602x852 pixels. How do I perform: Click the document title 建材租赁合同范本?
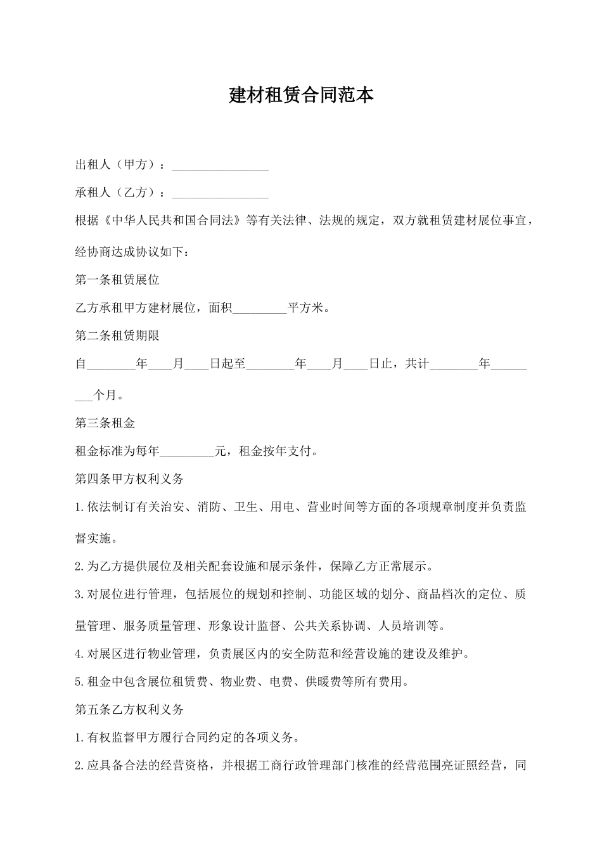tap(301, 95)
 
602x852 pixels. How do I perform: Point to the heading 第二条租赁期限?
tap(117, 336)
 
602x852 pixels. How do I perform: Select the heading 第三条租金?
tap(105, 423)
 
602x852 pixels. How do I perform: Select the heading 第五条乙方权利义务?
tap(129, 709)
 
